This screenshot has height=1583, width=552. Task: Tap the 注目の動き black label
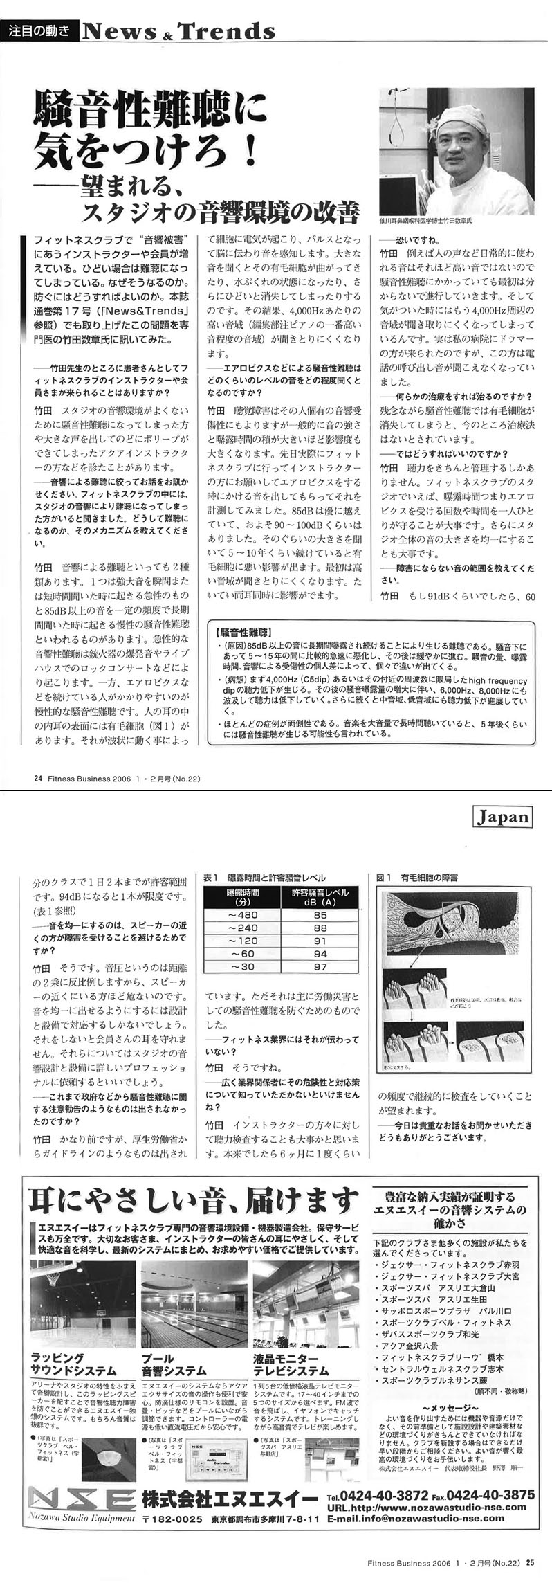pyautogui.click(x=40, y=30)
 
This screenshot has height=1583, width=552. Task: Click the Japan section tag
pyautogui.click(x=504, y=817)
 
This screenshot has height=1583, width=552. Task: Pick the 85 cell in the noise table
pyautogui.click(x=320, y=914)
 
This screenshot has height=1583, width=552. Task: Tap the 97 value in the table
pyautogui.click(x=320, y=966)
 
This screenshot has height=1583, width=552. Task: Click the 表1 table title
pyautogui.click(x=264, y=878)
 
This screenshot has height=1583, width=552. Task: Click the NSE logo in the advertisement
pyautogui.click(x=82, y=1516)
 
